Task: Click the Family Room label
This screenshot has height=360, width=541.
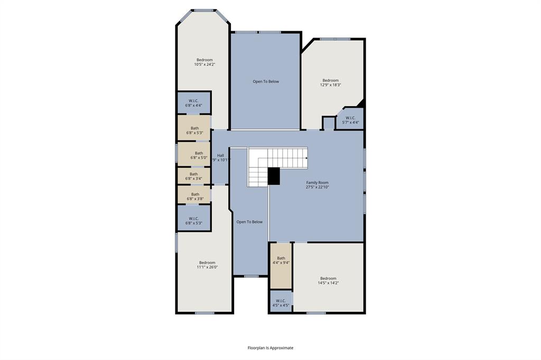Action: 317,185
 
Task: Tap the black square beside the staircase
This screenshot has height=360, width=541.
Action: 274,176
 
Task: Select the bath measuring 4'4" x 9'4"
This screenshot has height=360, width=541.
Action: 281,260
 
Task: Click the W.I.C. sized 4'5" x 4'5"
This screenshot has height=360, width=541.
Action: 281,303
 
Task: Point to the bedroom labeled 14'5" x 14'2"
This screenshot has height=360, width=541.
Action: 328,280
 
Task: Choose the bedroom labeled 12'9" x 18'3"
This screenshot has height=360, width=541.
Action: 330,82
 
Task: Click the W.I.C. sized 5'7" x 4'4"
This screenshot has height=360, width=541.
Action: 351,120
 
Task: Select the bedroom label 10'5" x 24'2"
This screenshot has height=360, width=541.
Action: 204,62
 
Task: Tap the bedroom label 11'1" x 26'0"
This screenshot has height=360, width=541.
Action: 207,265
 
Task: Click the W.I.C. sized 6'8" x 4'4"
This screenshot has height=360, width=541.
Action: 193,103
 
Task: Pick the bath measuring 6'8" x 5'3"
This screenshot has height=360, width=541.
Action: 194,130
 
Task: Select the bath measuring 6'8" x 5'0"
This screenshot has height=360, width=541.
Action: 194,155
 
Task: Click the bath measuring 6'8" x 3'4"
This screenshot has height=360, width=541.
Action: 193,176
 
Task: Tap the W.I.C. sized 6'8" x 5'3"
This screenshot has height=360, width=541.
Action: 193,221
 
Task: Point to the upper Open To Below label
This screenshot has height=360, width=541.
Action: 266,81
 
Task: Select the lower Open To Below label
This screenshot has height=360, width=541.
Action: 249,222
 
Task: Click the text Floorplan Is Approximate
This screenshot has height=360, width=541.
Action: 270,348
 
